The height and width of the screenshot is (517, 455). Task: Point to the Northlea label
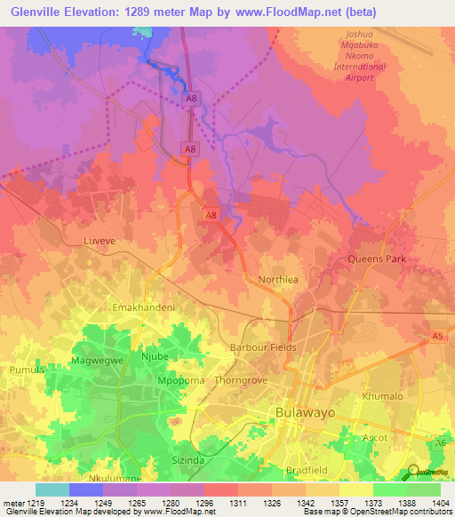point(277,279)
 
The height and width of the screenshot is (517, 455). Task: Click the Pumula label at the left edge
point(19,369)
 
